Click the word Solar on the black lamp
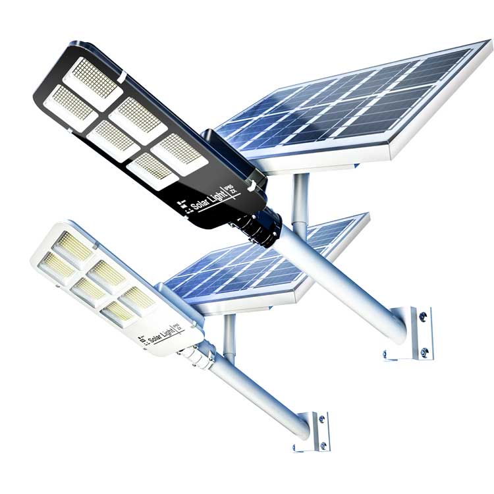[200, 202]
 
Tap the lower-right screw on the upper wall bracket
[425, 352]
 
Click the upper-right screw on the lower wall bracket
[321, 418]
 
